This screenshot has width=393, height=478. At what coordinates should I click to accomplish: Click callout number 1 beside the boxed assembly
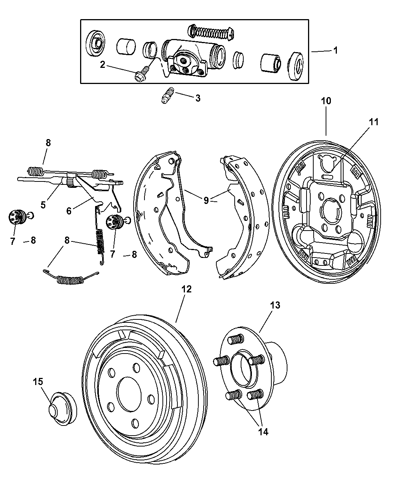point(335,50)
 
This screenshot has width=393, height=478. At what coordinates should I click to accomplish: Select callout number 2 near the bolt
point(103,64)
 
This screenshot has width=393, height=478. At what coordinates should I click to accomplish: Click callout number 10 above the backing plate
point(326,101)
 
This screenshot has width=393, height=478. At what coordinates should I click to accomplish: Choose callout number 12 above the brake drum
point(186,289)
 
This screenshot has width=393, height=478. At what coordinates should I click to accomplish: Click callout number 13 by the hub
point(275,305)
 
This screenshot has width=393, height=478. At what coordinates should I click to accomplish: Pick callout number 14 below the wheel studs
point(263,432)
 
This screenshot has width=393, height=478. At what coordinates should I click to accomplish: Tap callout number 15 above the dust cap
point(38,382)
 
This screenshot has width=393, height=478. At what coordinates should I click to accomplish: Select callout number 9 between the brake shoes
point(206,200)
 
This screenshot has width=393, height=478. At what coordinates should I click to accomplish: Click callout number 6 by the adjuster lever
point(69,211)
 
